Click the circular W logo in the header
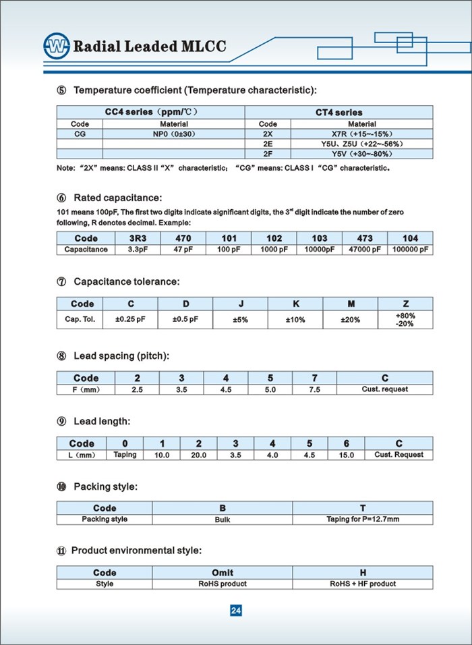tap(57, 46)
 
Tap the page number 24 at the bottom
tap(236, 611)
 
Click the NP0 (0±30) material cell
tap(173, 134)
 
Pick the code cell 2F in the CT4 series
tap(268, 153)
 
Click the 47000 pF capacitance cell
tap(365, 249)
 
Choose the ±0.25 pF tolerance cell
tap(131, 318)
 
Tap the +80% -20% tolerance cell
tap(405, 319)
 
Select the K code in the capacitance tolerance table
tap(295, 304)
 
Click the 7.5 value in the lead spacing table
tap(314, 389)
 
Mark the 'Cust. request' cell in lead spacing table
tap(385, 389)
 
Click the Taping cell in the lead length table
tap(125, 455)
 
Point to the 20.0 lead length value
tap(198, 455)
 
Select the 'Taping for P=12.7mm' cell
tap(363, 520)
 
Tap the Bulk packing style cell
tap(223, 520)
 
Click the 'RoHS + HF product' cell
tap(363, 584)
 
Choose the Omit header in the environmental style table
tap(223, 573)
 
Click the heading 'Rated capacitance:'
tap(117, 198)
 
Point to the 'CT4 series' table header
tap(338, 112)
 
